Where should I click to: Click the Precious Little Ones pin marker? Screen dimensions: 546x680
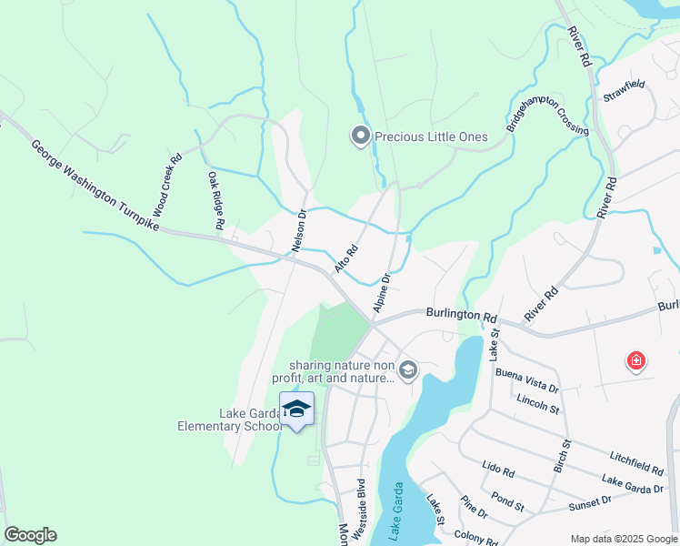pyautogui.click(x=360, y=136)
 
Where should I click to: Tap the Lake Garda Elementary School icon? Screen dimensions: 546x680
pyautogui.click(x=296, y=409)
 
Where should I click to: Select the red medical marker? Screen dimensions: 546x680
pyautogui.click(x=636, y=362)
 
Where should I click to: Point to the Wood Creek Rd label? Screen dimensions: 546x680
pyautogui.click(x=167, y=184)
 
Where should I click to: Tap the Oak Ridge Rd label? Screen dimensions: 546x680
pyautogui.click(x=215, y=199)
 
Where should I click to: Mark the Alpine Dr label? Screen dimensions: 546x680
pyautogui.click(x=381, y=291)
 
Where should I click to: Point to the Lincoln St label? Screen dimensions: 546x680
pyautogui.click(x=537, y=402)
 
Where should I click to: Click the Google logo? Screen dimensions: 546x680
pyautogui.click(x=30, y=535)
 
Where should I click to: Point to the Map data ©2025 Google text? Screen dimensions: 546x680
pyautogui.click(x=623, y=539)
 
